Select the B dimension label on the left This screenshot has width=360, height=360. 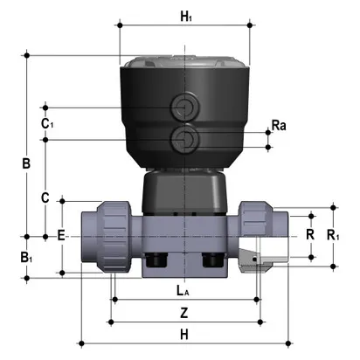26,163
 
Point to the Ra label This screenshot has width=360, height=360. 279,127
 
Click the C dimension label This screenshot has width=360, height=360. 45,198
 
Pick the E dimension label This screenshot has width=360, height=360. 60,235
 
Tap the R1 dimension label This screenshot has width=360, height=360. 333,235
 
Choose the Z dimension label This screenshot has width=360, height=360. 183,312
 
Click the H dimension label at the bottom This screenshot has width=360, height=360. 183,334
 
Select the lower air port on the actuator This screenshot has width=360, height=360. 183,138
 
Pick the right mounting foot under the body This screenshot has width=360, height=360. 211,260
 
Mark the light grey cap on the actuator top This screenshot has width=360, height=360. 183,64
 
